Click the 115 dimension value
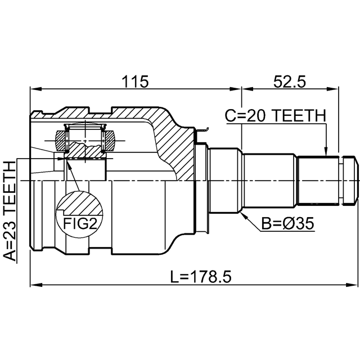click(135, 82)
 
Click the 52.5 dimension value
click(290, 82)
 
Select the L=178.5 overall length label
click(201, 277)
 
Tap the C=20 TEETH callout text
click(275, 115)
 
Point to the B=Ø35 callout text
click(287, 224)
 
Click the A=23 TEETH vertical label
click(10, 211)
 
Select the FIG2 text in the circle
click(80, 223)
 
